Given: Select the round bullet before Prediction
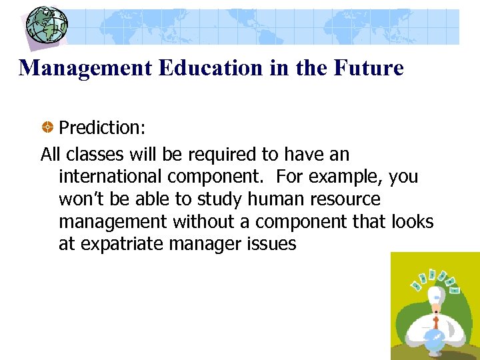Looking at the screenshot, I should (48, 127).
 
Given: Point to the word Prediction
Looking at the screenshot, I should (100, 127).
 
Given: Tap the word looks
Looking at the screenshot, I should (413, 222).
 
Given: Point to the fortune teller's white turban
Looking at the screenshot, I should (437, 297).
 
